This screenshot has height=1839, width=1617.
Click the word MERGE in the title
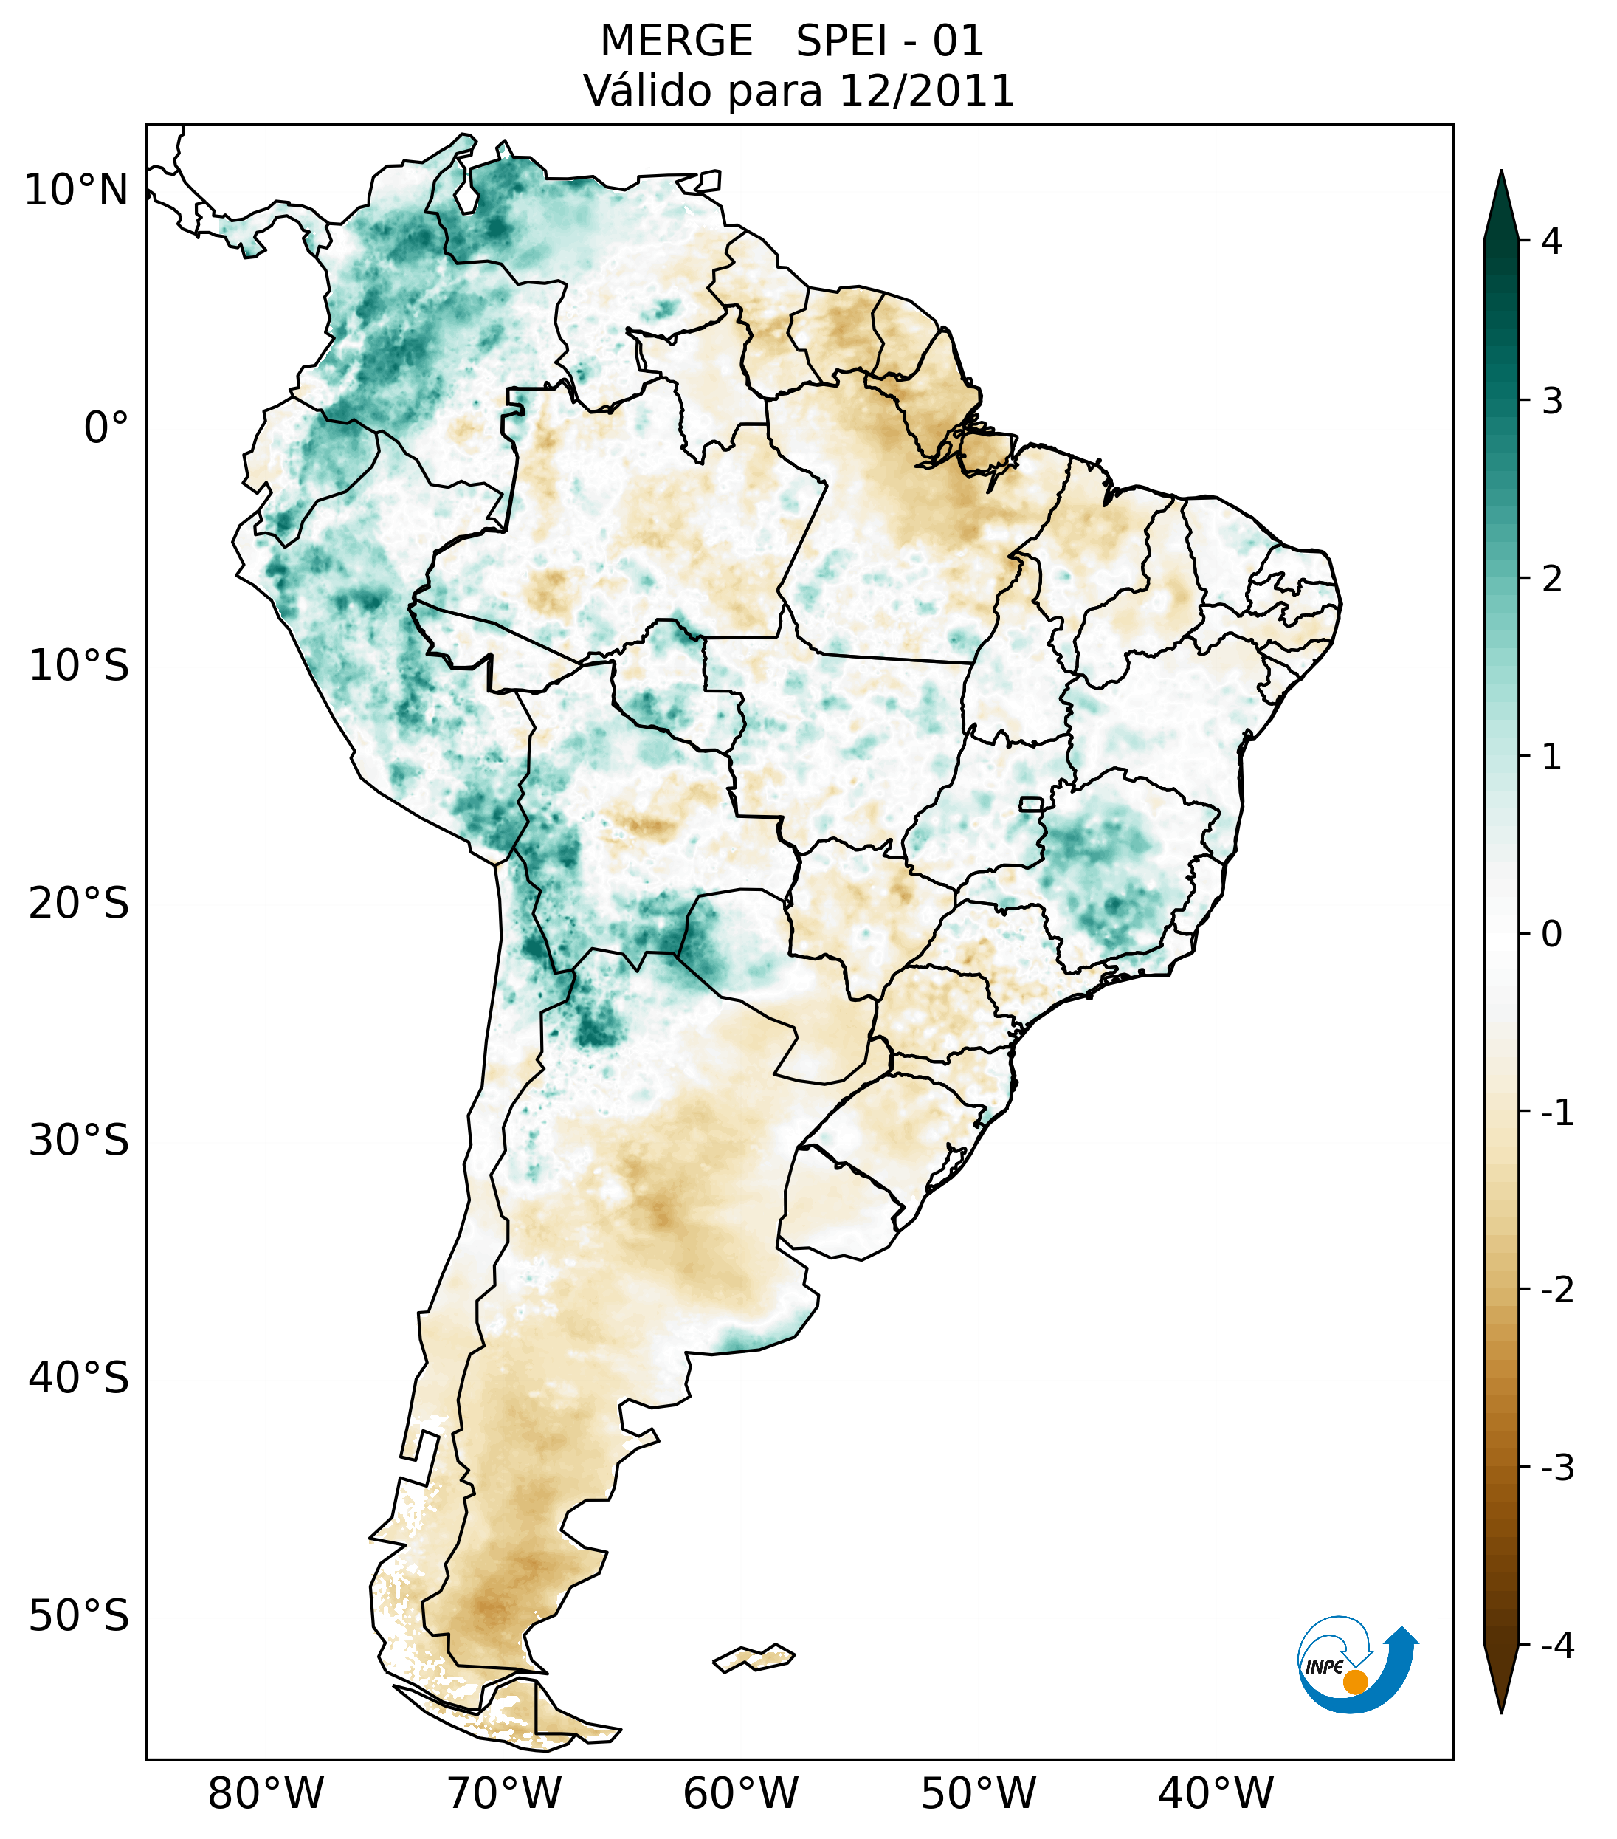click(x=676, y=41)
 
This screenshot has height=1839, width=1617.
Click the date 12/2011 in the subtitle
click(x=926, y=91)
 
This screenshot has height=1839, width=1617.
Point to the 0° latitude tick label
click(x=106, y=428)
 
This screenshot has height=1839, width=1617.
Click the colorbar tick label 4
click(x=1551, y=241)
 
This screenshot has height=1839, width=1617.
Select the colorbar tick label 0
click(x=1551, y=935)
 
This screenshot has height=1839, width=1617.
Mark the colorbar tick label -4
click(x=1556, y=1646)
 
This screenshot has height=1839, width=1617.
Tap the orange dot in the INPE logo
click(x=1354, y=1682)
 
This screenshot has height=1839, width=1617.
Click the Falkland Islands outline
click(x=754, y=1657)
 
